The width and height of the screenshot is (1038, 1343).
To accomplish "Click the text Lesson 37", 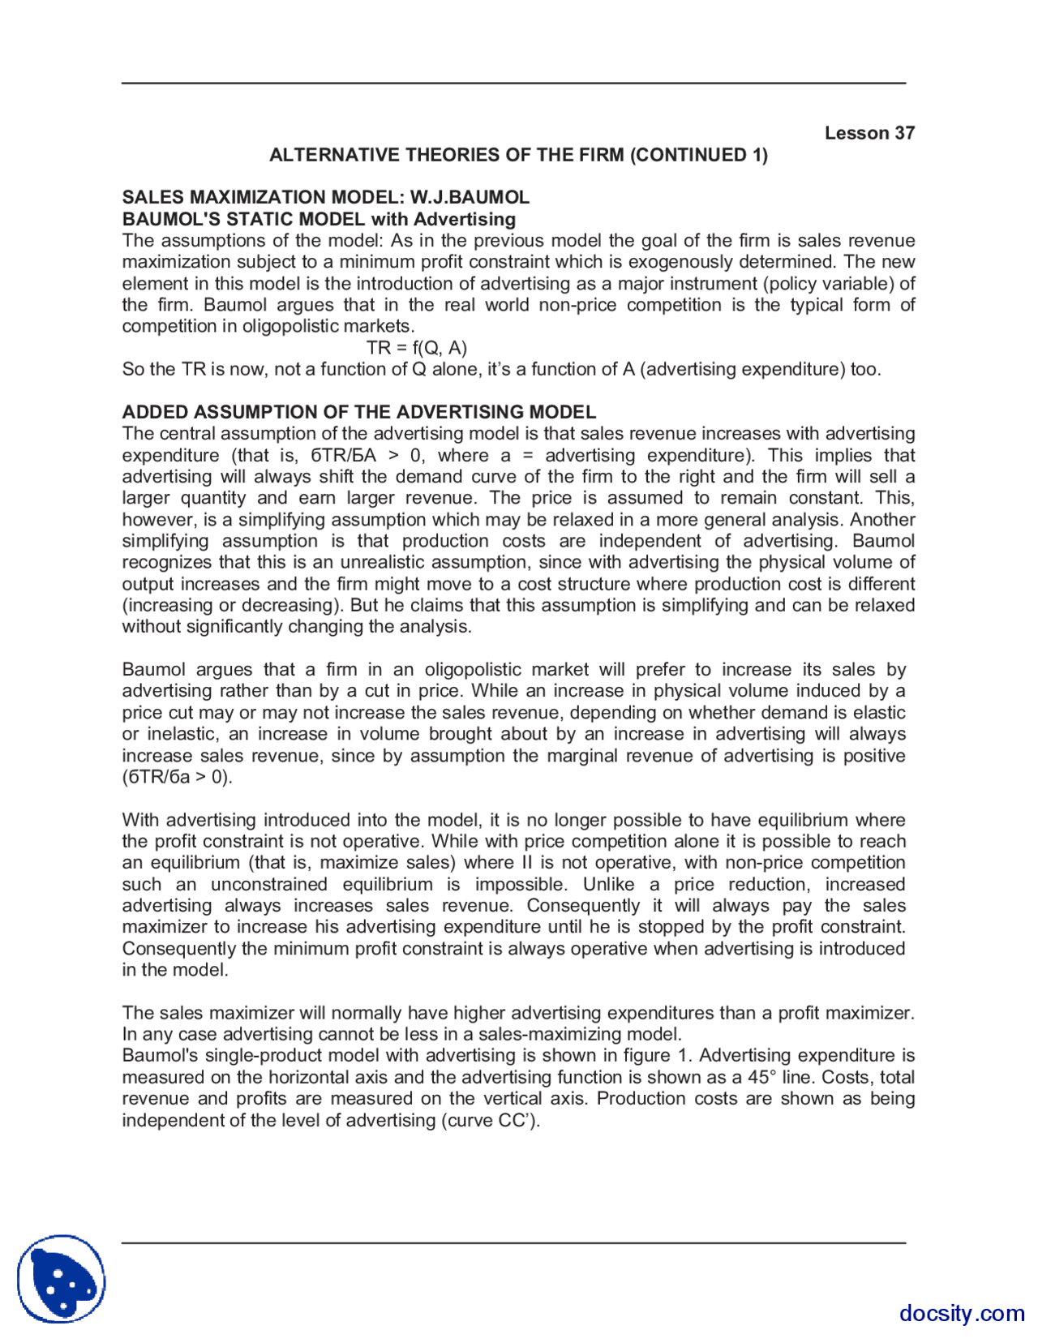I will pyautogui.click(x=869, y=133).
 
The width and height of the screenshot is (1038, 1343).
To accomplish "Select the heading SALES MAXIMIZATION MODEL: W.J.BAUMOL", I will pyautogui.click(x=325, y=197).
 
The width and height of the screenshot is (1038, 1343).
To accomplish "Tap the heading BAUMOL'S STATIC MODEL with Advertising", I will pyautogui.click(x=319, y=219).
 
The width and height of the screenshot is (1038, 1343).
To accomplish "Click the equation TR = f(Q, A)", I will pyautogui.click(x=416, y=348).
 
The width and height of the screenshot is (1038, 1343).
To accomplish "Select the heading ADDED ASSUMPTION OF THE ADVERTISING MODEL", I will pyautogui.click(x=358, y=412).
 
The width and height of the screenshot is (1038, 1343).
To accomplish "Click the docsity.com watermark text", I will pyautogui.click(x=961, y=1312).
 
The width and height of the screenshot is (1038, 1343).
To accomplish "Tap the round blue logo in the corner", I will pyautogui.click(x=62, y=1279).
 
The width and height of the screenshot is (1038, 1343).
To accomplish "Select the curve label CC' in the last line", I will pyautogui.click(x=514, y=1120).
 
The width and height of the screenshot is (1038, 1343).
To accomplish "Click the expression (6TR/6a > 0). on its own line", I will pyautogui.click(x=177, y=777).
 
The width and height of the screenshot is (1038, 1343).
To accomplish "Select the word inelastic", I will pyautogui.click(x=182, y=734).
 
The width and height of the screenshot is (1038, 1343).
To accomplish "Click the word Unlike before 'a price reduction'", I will pyautogui.click(x=610, y=884).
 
